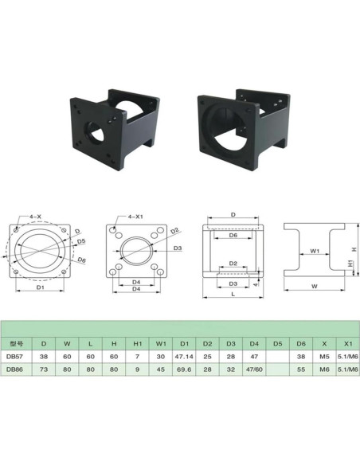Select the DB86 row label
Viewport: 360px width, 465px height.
(x=15, y=370)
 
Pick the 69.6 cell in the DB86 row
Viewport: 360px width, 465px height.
(x=184, y=370)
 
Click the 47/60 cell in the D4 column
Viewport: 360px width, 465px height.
(x=254, y=370)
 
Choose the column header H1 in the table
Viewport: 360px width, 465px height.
(x=137, y=343)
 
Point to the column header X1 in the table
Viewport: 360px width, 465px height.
(x=347, y=343)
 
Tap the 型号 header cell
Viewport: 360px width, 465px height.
(x=15, y=343)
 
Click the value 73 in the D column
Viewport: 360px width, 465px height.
(x=44, y=370)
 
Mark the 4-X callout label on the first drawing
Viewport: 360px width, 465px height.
(x=36, y=216)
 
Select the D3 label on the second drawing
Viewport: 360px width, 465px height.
(x=178, y=249)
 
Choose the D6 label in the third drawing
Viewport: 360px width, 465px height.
(x=233, y=236)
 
